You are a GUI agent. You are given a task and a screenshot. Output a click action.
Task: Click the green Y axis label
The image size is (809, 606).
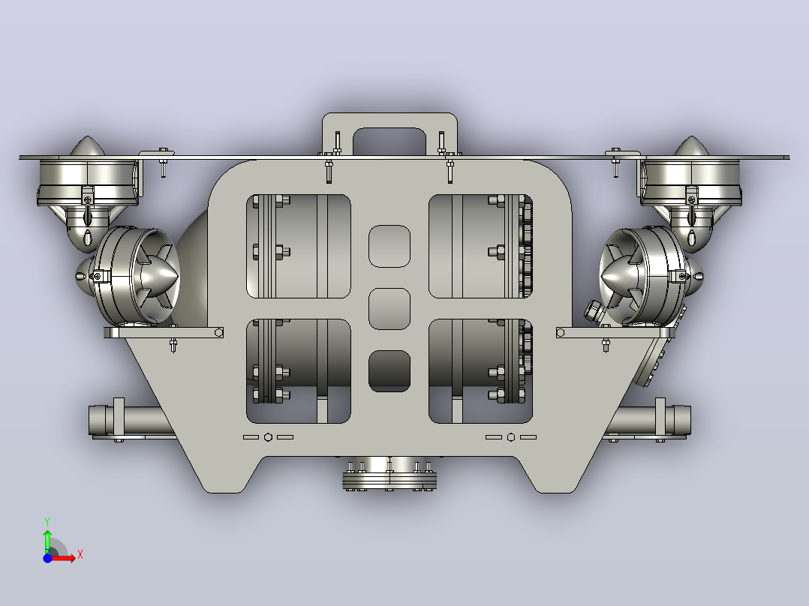(47, 521)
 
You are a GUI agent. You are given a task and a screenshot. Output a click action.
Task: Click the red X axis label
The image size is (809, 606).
(80, 555)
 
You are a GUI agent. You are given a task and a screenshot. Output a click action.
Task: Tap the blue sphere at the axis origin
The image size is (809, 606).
(47, 558)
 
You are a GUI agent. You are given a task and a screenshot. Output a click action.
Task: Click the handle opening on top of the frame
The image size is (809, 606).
(389, 140)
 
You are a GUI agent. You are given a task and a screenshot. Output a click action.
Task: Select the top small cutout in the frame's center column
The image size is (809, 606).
(389, 246)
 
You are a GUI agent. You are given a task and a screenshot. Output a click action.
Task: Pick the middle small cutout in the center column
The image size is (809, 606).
(389, 309)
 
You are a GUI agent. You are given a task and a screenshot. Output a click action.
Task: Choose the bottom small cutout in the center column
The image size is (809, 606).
(389, 370)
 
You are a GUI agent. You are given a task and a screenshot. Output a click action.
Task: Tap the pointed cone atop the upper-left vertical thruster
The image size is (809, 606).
(87, 146)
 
